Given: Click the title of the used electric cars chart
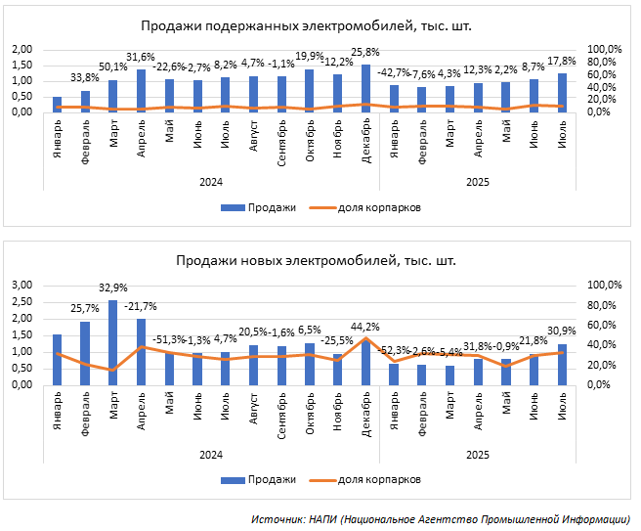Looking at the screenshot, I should coord(306,26).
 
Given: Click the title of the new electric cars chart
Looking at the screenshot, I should coord(316,260).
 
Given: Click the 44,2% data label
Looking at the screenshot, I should coord(365,326).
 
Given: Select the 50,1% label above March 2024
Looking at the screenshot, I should coord(113,66).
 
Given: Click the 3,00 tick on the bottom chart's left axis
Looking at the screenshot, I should coord(21,285).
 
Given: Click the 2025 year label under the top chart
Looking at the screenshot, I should coord(478,181).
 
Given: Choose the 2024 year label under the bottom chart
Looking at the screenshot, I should coord(211,455).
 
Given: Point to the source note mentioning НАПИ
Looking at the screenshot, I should coord(440,518).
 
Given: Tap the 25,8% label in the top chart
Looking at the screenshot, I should coord(365,51).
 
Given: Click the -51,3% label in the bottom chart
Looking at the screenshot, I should coord(169,339).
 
